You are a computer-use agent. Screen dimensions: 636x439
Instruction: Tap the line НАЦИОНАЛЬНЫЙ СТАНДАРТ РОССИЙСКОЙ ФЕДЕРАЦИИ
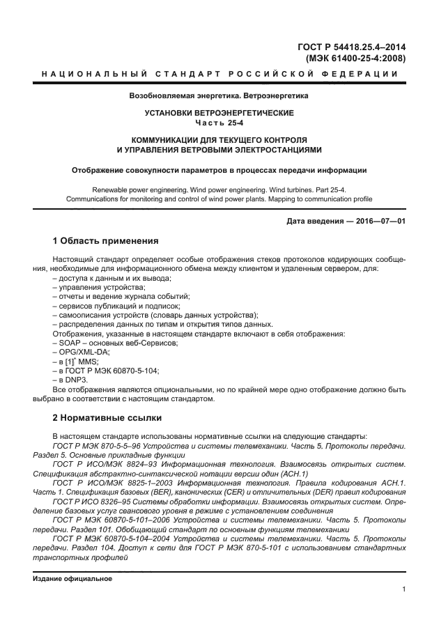pyautogui.click(x=219, y=75)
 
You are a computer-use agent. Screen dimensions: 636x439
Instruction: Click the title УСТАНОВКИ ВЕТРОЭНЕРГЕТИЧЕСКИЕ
pyautogui.click(x=219, y=113)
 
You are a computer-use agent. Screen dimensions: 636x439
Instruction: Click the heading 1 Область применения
pyautogui.click(x=105, y=241)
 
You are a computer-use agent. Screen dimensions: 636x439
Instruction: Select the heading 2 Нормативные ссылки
pyautogui.click(x=107, y=418)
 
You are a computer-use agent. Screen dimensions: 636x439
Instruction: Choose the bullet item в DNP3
pyautogui.click(x=70, y=379)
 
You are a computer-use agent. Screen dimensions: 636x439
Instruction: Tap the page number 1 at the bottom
pyautogui.click(x=403, y=590)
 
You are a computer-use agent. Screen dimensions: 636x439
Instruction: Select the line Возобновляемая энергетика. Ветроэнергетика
pyautogui.click(x=219, y=95)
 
